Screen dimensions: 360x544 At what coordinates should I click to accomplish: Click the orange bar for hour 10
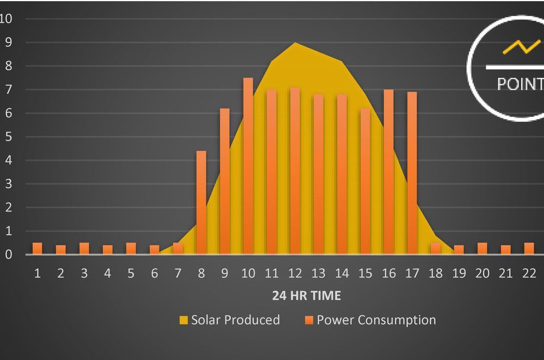pos(248,166)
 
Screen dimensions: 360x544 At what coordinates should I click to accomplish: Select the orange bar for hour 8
pos(201,202)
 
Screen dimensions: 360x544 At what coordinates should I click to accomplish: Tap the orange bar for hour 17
pos(412,173)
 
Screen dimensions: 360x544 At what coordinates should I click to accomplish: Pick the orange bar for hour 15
pos(365,181)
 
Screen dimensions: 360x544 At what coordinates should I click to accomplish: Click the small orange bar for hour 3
pos(84,249)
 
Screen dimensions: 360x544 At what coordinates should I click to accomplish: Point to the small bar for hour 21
pos(506,250)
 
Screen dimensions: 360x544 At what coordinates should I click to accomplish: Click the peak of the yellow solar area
pos(294,44)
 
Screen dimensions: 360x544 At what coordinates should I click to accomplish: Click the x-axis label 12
pos(294,273)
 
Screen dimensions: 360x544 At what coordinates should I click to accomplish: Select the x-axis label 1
pos(38,273)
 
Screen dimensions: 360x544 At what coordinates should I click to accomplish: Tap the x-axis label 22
pos(529,273)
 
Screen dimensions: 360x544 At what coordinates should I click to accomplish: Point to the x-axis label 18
pos(435,273)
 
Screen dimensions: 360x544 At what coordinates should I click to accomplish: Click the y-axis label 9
pos(9,42)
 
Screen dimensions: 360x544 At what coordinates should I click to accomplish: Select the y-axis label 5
pos(9,136)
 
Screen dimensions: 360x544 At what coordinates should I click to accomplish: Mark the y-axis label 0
pos(9,255)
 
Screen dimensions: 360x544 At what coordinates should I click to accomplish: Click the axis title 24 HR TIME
pos(306,296)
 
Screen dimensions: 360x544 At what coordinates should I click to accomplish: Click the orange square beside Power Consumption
pos(308,320)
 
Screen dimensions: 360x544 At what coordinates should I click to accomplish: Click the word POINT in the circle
pos(520,84)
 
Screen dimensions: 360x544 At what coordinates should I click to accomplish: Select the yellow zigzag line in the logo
pos(521,47)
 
